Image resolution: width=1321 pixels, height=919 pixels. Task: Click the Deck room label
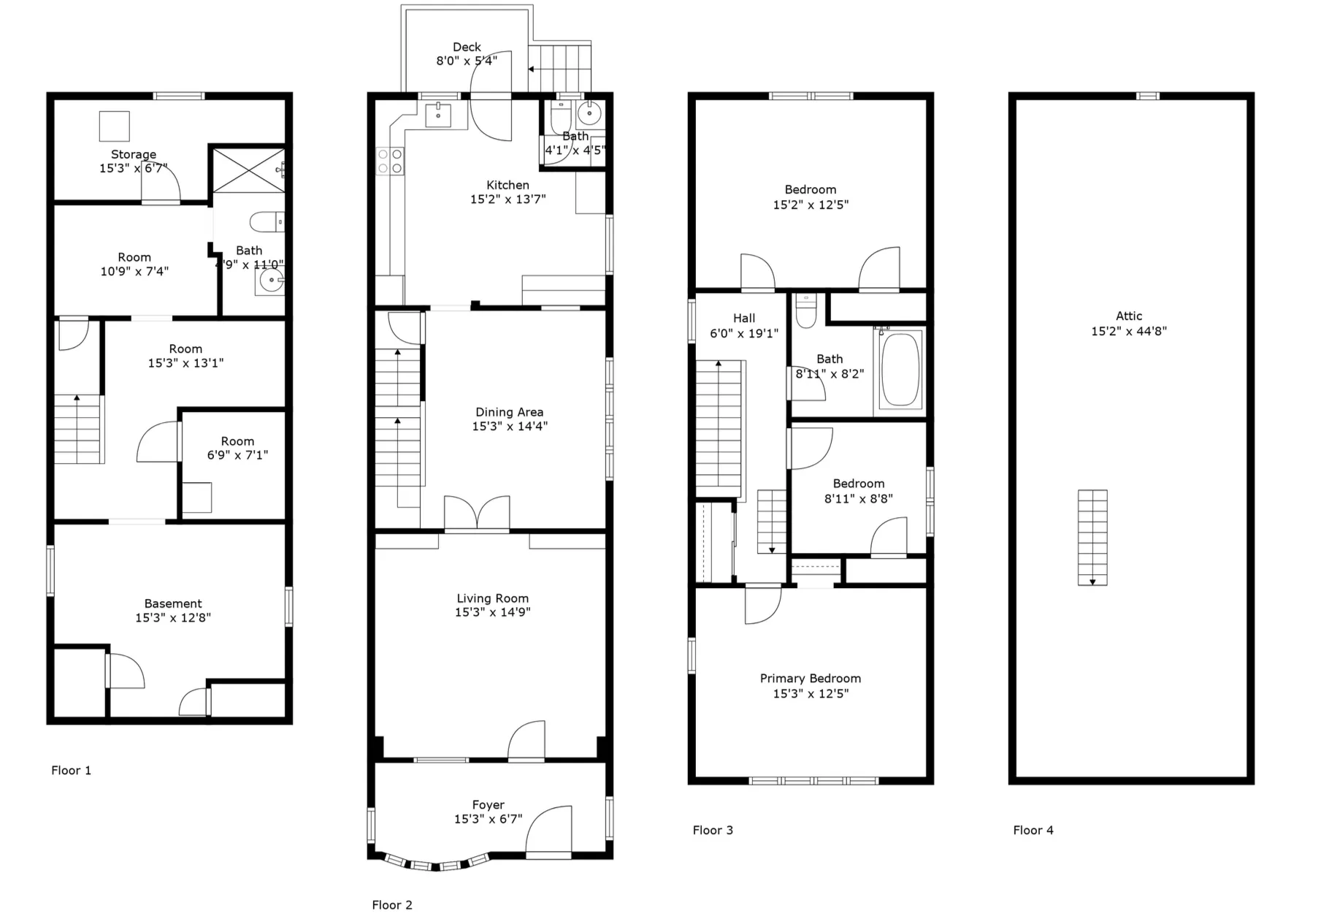[467, 47]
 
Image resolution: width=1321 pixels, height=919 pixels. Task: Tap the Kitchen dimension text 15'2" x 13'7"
[508, 199]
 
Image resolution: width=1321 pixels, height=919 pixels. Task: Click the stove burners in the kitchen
[390, 161]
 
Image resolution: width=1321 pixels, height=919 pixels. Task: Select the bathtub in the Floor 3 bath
[900, 370]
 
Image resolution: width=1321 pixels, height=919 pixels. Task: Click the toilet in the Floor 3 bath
[805, 311]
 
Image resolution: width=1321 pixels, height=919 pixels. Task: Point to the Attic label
[1128, 316]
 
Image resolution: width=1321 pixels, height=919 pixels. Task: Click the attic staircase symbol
[1092, 537]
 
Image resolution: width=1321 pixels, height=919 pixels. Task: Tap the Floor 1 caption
[71, 770]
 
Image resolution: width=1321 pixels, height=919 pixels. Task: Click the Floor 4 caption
[1033, 830]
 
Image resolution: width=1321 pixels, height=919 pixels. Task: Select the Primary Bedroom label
[810, 679]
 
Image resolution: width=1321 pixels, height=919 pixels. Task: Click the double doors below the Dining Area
[477, 513]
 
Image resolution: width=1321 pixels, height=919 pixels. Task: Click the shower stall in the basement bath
[249, 170]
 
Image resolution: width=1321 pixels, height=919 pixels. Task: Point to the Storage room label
[134, 154]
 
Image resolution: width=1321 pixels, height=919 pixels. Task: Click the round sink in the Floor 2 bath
[589, 113]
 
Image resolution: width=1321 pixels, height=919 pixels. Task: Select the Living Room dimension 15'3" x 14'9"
[492, 612]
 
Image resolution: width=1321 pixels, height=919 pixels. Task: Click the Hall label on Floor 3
[744, 319]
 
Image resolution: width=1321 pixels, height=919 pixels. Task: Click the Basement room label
[173, 603]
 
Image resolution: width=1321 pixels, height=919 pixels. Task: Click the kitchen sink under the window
[438, 115]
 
